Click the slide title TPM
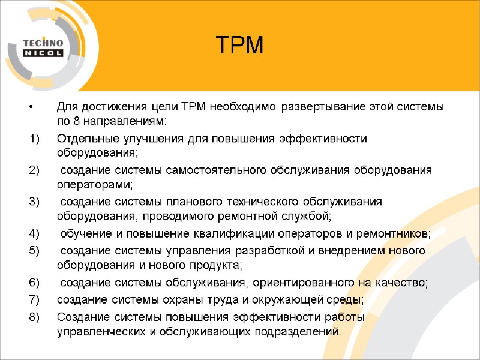tap(239, 46)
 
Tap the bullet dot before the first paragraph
tap(30, 107)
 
